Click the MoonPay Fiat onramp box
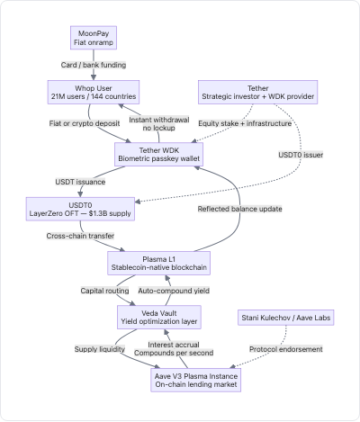(94, 38)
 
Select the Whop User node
(94, 93)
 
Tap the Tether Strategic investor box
(258, 93)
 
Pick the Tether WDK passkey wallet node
(159, 155)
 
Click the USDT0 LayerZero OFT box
(80, 209)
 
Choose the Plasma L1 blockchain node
(159, 264)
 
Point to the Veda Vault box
(159, 318)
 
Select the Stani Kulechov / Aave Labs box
(286, 318)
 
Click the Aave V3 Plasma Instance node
(196, 381)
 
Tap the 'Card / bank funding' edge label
(94, 65)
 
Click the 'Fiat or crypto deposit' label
(85, 123)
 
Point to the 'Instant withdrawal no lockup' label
(159, 124)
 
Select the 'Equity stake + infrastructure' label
(245, 123)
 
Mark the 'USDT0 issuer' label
(301, 155)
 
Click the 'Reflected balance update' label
(240, 209)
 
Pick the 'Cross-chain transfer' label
(80, 236)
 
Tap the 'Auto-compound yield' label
(174, 291)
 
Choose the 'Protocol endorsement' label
(286, 349)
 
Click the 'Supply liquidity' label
(100, 349)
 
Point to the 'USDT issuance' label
(80, 182)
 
